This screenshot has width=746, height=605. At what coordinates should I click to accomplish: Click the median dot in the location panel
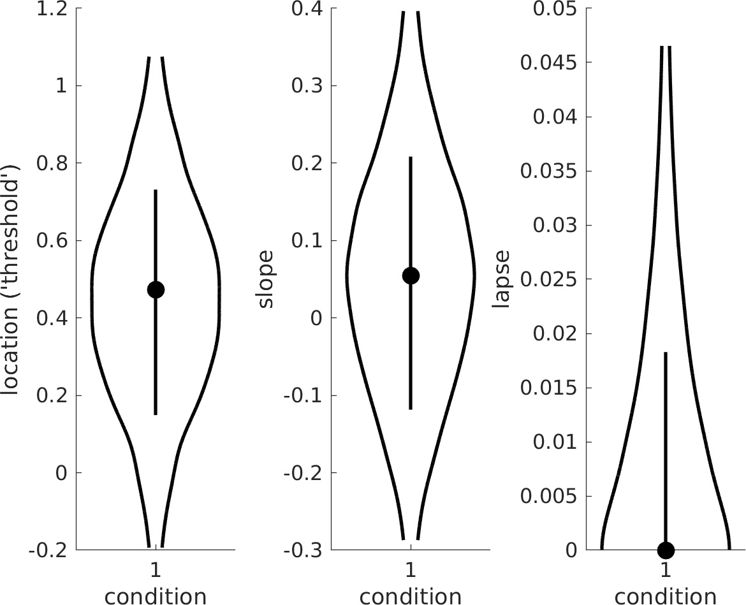coord(156,289)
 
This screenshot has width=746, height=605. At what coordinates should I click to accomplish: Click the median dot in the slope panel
coord(411,275)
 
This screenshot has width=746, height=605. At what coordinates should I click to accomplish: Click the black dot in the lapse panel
coord(666,549)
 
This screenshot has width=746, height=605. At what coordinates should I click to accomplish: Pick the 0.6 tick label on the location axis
coord(53,241)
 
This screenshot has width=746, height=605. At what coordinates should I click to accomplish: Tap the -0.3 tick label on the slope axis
coord(304,550)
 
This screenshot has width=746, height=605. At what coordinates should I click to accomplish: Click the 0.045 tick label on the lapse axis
coord(549,62)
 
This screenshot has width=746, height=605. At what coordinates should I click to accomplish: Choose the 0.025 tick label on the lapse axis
coord(549,279)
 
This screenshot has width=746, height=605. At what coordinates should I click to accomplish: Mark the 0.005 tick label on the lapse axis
coord(549,496)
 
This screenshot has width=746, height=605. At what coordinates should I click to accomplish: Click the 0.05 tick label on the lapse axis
coord(554,9)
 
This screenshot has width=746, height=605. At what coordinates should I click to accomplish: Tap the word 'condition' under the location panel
coord(156,596)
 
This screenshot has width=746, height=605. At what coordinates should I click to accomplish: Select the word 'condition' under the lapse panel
coord(666,596)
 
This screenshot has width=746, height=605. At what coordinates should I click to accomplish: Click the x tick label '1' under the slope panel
coord(411,569)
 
